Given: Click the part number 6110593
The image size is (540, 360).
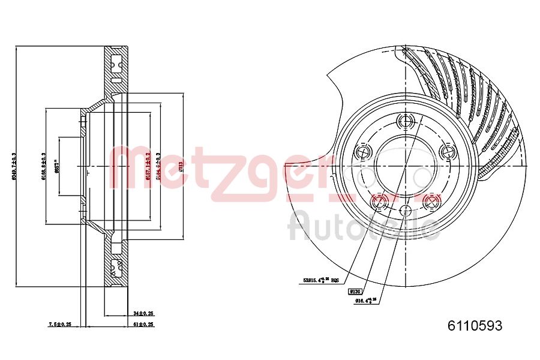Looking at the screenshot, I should (x=475, y=326).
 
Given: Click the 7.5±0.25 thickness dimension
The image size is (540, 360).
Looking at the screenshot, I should (x=59, y=324).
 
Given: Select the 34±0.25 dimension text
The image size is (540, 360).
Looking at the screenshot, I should (x=144, y=313).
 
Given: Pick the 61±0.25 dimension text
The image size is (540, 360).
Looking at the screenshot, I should (x=144, y=324).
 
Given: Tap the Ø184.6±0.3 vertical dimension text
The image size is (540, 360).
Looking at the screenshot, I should (x=158, y=166).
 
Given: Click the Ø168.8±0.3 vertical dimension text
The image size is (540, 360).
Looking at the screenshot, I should (x=43, y=166).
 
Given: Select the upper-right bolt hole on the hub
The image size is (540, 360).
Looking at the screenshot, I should (x=446, y=152).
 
